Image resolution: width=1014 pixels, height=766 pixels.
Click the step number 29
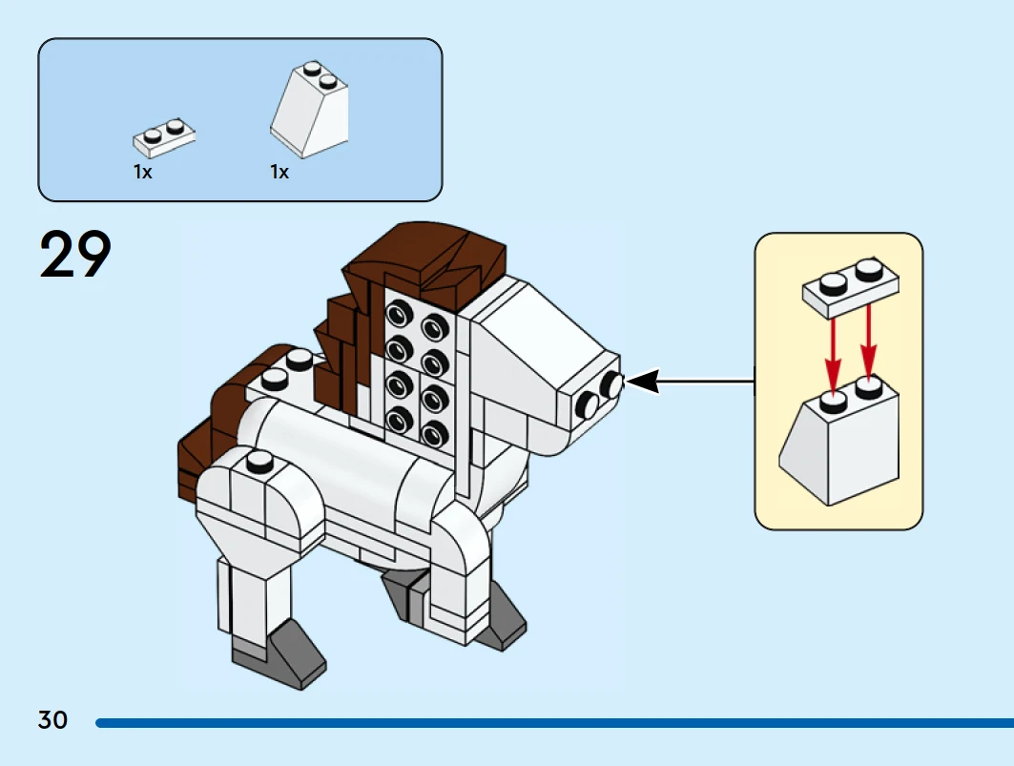click(x=75, y=255)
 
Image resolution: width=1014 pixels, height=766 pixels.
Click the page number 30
click(x=53, y=719)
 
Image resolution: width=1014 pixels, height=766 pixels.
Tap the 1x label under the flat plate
click(x=143, y=173)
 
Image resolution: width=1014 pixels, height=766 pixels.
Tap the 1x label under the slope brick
click(x=279, y=173)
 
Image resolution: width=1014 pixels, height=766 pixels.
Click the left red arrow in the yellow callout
click(x=833, y=354)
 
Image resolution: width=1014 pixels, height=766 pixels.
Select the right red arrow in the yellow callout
click(x=868, y=347)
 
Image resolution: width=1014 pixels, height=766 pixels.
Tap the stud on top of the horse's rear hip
click(x=259, y=463)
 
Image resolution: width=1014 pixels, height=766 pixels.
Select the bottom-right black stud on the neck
click(x=435, y=431)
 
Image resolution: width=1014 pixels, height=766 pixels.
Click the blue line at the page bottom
click(x=553, y=723)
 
